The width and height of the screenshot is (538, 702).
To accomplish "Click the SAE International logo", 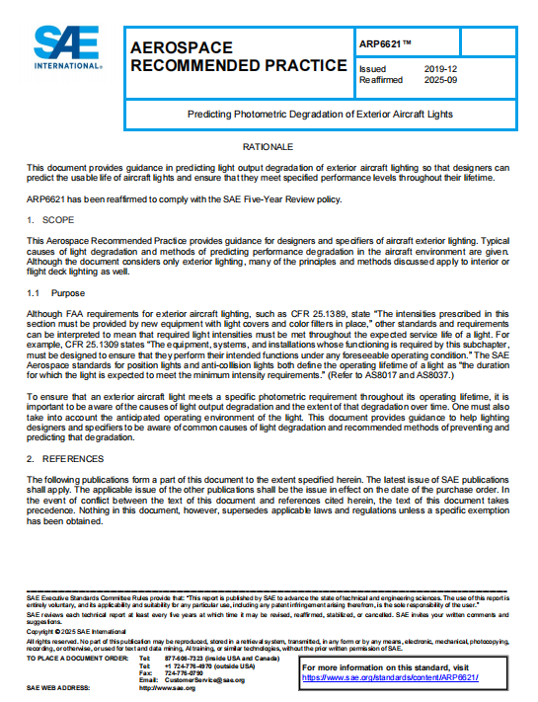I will [66, 47].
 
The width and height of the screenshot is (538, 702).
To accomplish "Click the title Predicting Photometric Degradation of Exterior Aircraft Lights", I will [320, 115].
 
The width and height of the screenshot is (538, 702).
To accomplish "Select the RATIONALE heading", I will [268, 146].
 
